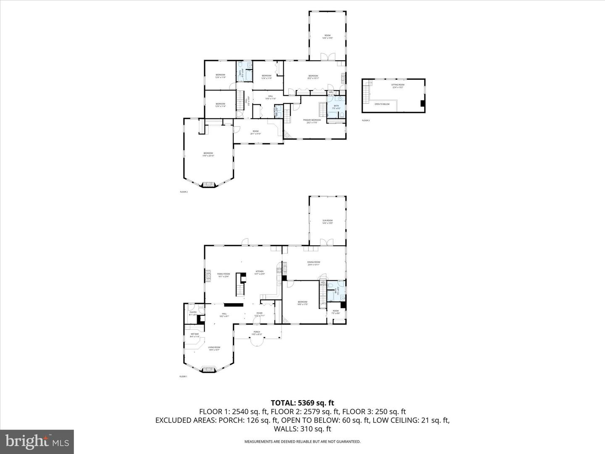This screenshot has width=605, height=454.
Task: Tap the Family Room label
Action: coord(224,275)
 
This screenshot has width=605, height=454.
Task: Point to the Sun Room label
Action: coord(327,222)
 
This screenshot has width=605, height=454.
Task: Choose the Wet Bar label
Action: coord(194,335)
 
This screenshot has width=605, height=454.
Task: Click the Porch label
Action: coord(256,333)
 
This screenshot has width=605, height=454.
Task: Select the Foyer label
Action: coord(260,314)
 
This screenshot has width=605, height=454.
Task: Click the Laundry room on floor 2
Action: coord(276,111)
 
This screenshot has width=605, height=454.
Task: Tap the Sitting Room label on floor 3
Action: coord(398,86)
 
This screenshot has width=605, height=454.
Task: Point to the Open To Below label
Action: coord(382,104)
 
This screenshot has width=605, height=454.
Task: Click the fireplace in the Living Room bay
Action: coord(208,370)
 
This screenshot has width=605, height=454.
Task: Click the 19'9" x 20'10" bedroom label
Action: coord(208,154)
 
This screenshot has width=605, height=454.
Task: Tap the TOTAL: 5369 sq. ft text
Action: coord(302,403)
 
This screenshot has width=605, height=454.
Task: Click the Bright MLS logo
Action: coord(37,442)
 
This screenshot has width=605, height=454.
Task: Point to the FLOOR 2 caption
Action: coord(184,192)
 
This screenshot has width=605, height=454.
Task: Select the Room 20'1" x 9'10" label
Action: coord(255,132)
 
